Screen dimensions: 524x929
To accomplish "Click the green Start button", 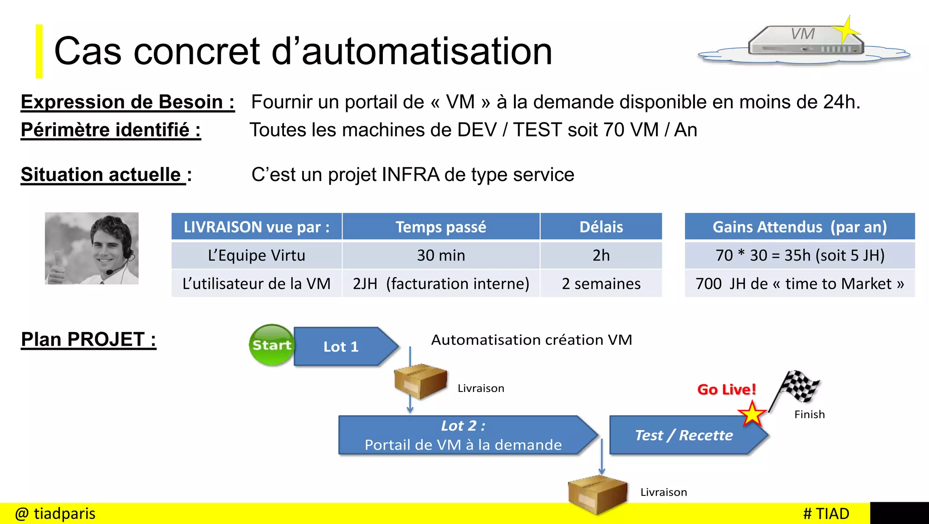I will click(271, 345).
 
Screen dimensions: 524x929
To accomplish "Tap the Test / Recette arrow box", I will click(684, 435).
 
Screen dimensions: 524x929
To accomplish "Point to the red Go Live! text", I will click(726, 389).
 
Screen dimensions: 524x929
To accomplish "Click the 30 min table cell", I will click(441, 255).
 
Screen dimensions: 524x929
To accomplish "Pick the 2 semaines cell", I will click(601, 284).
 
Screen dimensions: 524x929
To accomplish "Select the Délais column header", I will click(601, 227).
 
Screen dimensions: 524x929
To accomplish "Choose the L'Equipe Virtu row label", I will click(256, 255).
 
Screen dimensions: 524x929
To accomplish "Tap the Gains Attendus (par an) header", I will click(799, 227).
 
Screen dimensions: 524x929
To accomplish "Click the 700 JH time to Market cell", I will click(799, 284).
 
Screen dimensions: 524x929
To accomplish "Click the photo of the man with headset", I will click(92, 249).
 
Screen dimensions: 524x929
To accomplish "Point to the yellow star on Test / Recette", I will click(752, 414).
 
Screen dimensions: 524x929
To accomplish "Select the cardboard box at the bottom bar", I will click(597, 494).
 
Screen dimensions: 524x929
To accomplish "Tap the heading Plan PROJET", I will click(88, 339).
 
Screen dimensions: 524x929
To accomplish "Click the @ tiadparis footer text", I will click(55, 514).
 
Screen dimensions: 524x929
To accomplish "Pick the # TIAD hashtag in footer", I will click(826, 514).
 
